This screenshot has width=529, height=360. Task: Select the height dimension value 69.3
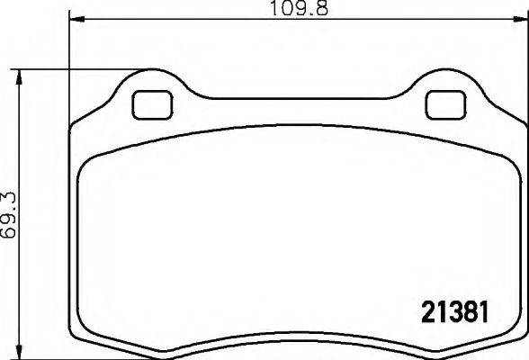click(10, 212)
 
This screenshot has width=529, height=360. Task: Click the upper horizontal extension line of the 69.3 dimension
click(72, 68)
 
